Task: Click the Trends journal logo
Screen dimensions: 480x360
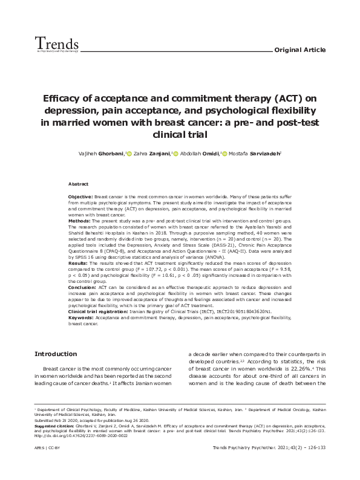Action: pyautogui.click(x=57, y=44)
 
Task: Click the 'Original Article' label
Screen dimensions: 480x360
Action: pyautogui.click(x=301, y=50)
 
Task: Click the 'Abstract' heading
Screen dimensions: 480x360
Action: pyautogui.click(x=78, y=183)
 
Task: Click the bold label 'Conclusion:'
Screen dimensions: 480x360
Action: pyautogui.click(x=82, y=287)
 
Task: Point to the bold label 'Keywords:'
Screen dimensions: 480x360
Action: pyautogui.click(x=80, y=316)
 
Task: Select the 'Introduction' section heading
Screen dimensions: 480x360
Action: pyautogui.click(x=56, y=353)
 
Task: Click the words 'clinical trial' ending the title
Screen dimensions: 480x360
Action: pyautogui.click(x=179, y=135)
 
